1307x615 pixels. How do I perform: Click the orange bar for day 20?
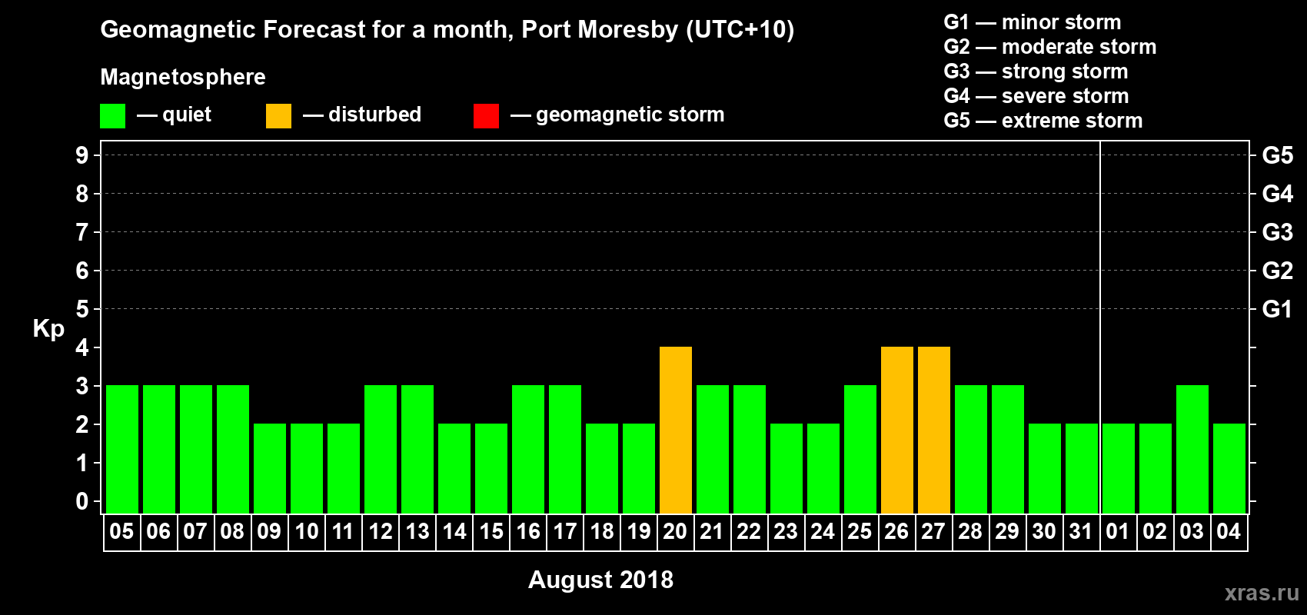point(676,430)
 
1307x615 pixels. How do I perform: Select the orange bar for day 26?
point(897,430)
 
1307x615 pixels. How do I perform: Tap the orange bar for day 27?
point(934,430)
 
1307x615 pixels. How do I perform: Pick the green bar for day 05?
point(122,449)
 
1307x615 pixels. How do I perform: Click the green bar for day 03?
point(1192,449)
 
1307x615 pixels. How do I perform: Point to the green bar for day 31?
point(1082,468)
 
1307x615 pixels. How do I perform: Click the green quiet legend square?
point(112,116)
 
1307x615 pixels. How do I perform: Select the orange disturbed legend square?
point(278,116)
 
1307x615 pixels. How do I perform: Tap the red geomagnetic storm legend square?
point(486,116)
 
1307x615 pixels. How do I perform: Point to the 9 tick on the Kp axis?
point(82,155)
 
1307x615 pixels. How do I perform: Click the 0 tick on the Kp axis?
point(82,501)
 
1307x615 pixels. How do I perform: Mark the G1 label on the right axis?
point(1277,309)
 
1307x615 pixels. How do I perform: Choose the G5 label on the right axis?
point(1277,155)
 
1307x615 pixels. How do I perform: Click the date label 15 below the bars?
point(491,531)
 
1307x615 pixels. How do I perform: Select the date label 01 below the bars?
point(1117,531)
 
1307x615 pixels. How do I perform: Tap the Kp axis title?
point(48,329)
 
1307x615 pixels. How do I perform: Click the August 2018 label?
point(600,580)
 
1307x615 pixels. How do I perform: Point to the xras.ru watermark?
point(1262,592)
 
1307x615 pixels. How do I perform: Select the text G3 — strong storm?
point(1036,71)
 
